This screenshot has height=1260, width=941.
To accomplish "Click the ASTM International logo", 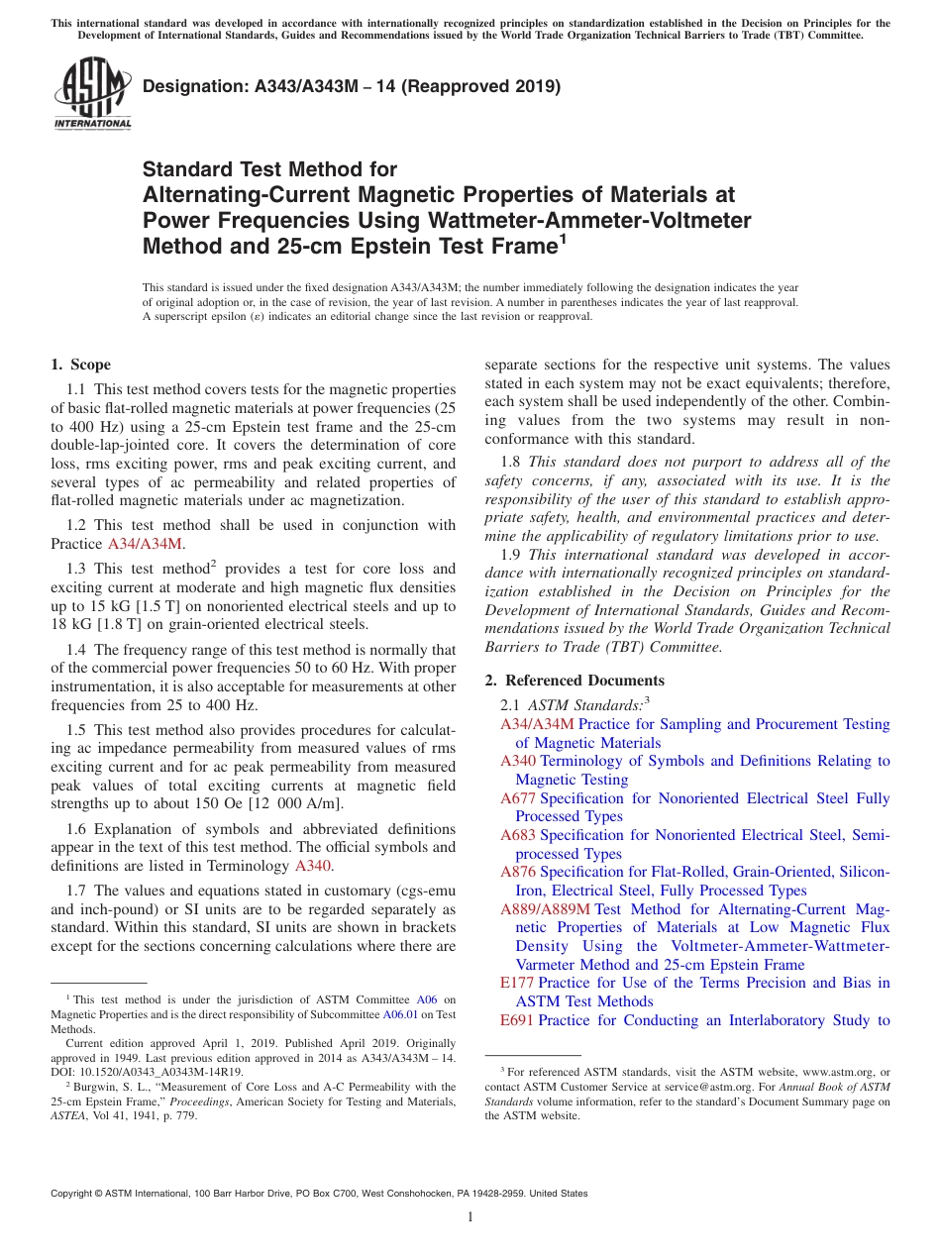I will pyautogui.click(x=92, y=93).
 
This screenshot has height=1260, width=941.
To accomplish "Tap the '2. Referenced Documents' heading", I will pyautogui.click(x=575, y=680).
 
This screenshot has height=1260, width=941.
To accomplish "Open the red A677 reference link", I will pyautogui.click(x=518, y=798).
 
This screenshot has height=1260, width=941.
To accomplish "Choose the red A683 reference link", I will pyautogui.click(x=518, y=835).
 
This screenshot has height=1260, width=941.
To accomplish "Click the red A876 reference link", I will pyautogui.click(x=518, y=872).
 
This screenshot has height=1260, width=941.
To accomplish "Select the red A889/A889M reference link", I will pyautogui.click(x=546, y=908).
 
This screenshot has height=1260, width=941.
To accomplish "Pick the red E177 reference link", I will pyautogui.click(x=517, y=983).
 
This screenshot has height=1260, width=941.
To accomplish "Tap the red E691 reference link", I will pyautogui.click(x=517, y=1020).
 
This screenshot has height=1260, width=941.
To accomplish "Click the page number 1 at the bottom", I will pyautogui.click(x=470, y=1217).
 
